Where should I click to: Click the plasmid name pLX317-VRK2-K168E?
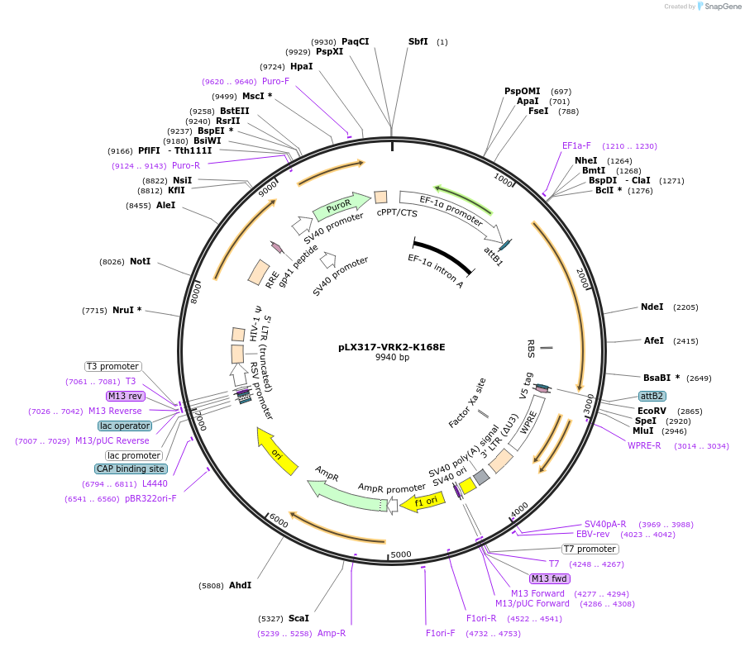tap(392, 347)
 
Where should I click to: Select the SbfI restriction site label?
tap(418, 41)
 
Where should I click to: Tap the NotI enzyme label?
tap(140, 261)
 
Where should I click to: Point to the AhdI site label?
tap(240, 585)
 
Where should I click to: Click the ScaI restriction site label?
tap(298, 617)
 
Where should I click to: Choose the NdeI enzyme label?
tap(652, 307)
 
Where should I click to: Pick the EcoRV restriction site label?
tap(652, 410)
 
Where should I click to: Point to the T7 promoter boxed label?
tap(590, 549)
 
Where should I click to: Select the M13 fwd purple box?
tap(550, 578)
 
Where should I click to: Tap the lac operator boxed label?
tap(125, 426)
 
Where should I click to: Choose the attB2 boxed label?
tap(652, 396)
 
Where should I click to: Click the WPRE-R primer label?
tap(644, 446)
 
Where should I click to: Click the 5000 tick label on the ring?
tap(401, 554)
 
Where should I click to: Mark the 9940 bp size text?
tap(392, 358)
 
